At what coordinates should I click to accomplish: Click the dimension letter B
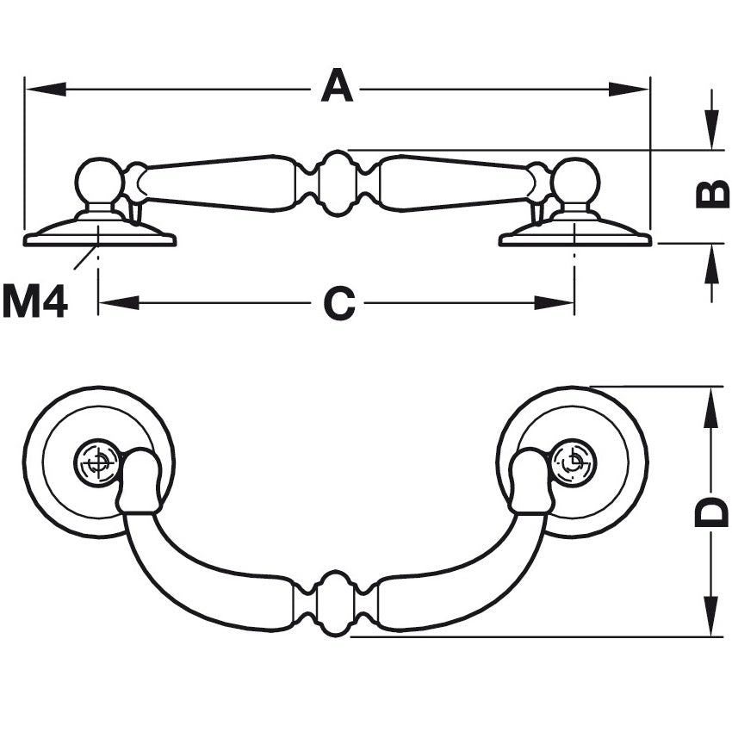coord(712,195)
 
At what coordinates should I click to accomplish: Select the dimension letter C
coord(338,303)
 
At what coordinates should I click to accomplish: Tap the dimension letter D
coord(711,513)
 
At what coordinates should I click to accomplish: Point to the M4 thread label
coord(35,302)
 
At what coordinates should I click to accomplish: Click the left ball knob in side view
coord(99,182)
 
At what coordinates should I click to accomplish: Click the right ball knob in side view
coord(575,182)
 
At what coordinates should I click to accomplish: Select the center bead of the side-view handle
coord(337,183)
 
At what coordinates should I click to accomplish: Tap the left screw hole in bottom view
coord(98,462)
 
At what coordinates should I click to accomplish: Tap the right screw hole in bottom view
coord(573,462)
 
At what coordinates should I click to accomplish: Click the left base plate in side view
coord(99,233)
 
